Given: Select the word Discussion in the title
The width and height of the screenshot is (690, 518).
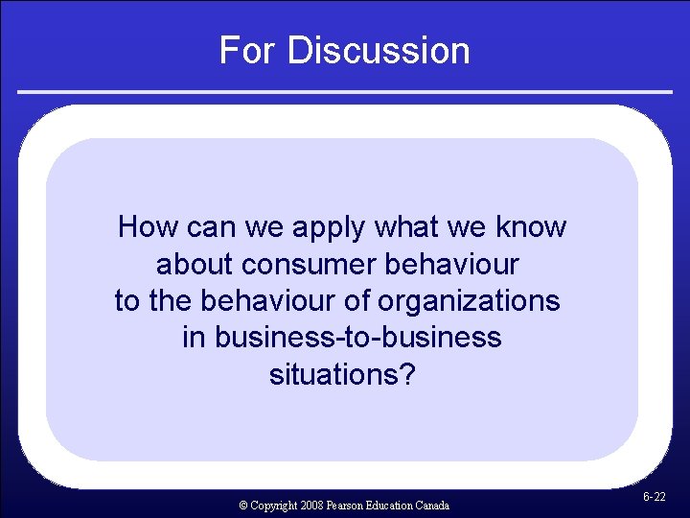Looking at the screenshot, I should tap(379, 50).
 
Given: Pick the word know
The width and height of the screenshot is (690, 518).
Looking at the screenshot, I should tap(532, 227).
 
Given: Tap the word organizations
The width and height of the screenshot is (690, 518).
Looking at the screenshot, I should tap(469, 301).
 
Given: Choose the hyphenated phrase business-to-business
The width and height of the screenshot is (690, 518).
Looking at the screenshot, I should tap(341, 338).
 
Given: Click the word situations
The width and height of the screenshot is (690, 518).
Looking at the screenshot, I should tap(335, 374).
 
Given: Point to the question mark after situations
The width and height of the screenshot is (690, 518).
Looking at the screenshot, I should tap(408, 374).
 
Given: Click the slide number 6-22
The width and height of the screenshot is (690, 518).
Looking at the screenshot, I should tap(655, 498).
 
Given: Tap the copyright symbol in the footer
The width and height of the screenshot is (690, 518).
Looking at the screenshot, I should tap(244, 506).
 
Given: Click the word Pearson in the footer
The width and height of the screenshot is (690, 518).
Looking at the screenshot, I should tap(348, 506).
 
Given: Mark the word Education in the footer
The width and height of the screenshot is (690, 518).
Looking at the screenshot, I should tap(391, 506).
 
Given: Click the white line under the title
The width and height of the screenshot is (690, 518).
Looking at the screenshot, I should tap(345, 92).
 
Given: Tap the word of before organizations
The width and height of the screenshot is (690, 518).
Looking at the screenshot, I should tap(356, 301).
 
